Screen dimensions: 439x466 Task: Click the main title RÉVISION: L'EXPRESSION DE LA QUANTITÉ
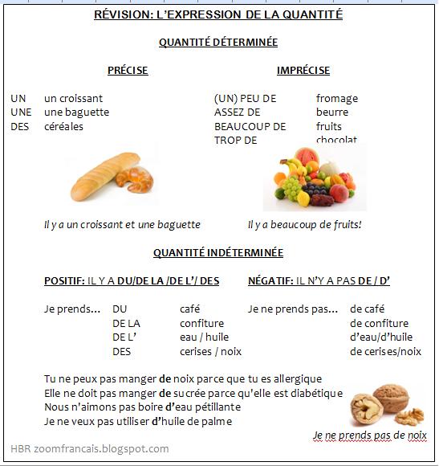pos(219,15)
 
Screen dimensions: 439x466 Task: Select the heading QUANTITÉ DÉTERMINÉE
pos(219,42)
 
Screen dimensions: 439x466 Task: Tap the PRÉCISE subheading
pos(128,71)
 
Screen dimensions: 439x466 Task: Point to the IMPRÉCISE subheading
pos(303,71)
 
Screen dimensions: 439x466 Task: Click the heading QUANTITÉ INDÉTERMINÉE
pos(218,252)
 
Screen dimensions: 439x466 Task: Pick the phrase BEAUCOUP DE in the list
pos(250,126)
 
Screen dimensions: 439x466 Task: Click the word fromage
pos(337,98)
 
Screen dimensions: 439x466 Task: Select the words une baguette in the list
pos(76,112)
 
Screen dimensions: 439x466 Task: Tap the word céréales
pos(63,126)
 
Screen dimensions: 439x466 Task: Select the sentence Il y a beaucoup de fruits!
pos(305,225)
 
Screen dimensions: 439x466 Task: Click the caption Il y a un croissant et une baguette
pos(122,225)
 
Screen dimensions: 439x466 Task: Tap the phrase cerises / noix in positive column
pos(210,351)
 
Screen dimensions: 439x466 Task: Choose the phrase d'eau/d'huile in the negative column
pos(381,337)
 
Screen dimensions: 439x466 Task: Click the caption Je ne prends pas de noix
pos(370,435)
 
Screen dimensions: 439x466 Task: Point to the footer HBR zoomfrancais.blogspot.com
pos(89,449)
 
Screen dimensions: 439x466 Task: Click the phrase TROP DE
pos(235,140)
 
